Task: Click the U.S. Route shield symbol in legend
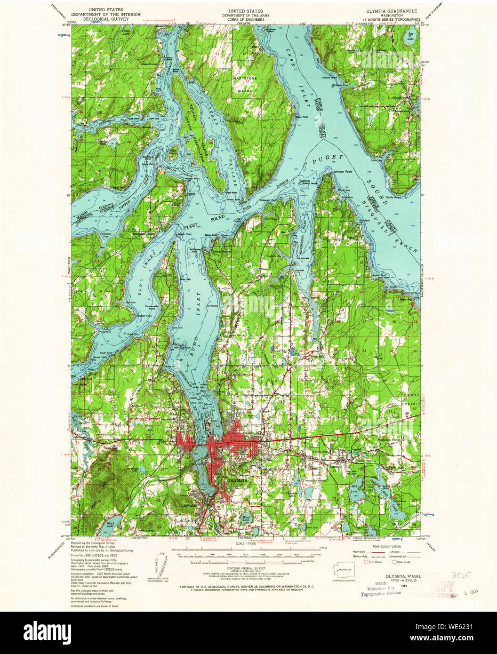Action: click(364, 562)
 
